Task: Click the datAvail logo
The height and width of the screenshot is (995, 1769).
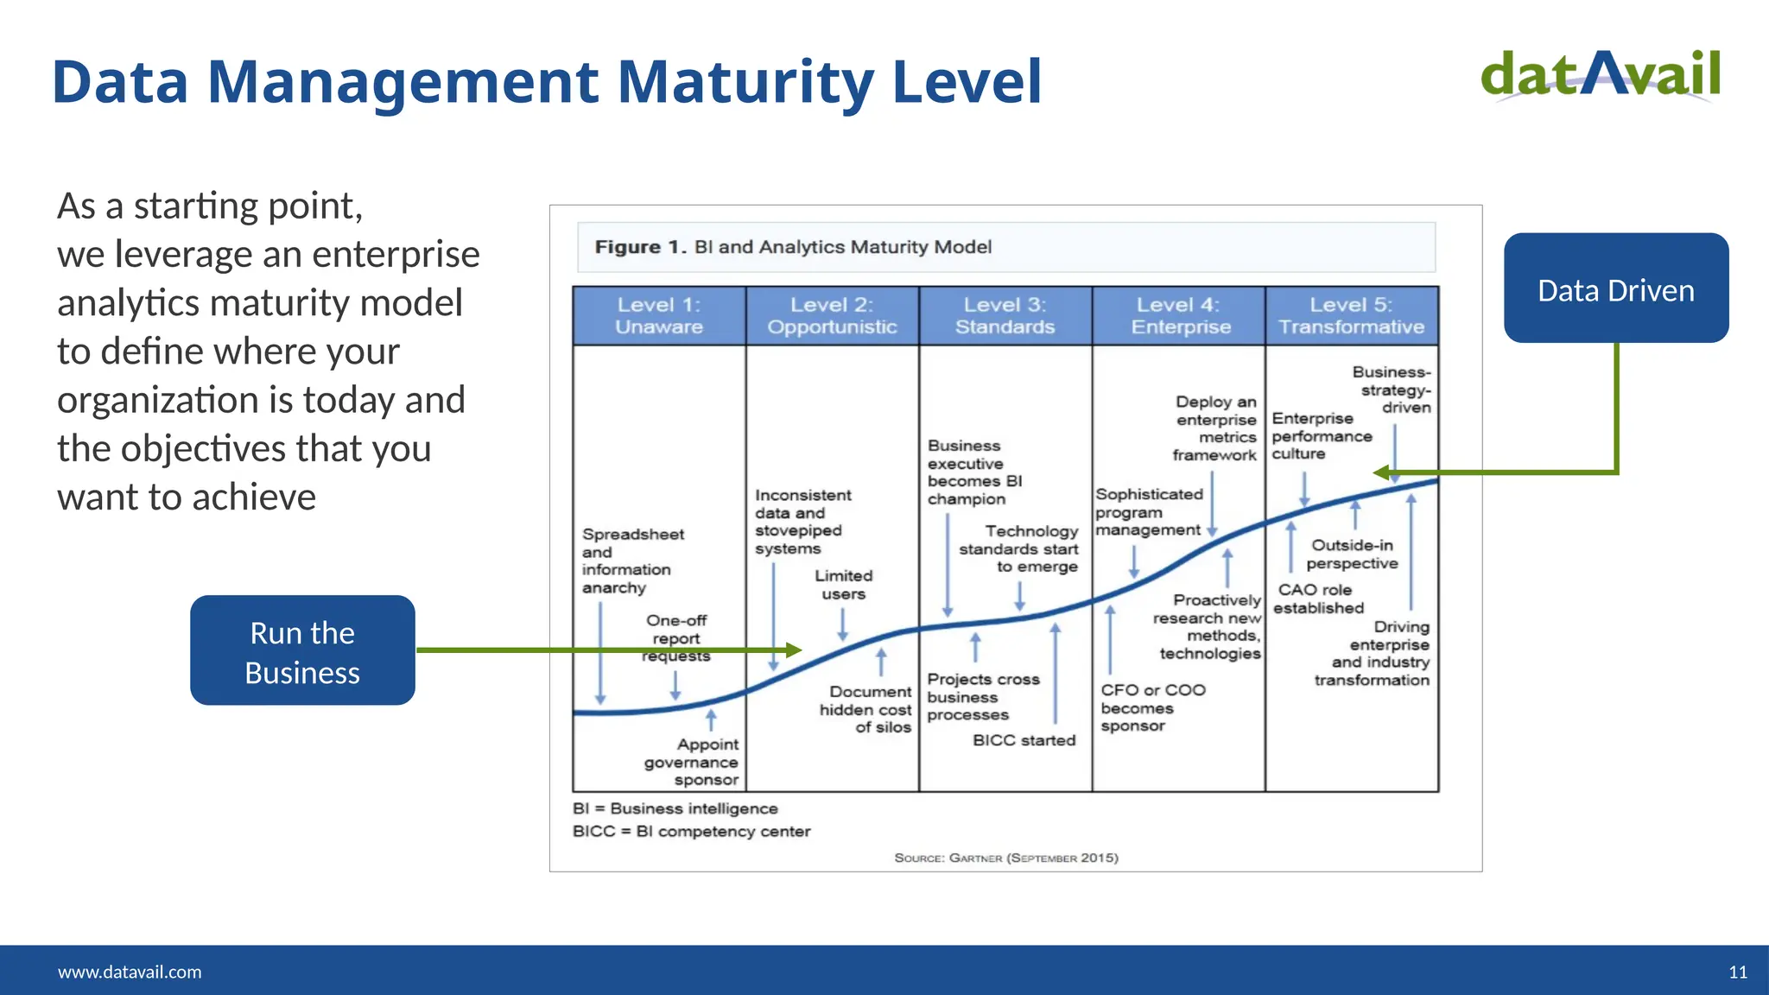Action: point(1601,75)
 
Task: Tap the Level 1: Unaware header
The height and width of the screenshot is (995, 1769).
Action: point(659,316)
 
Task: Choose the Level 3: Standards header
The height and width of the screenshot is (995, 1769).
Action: point(1005,316)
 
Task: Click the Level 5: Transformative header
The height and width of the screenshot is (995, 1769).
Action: point(1351,316)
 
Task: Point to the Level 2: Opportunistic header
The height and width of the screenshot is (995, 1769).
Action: point(832,316)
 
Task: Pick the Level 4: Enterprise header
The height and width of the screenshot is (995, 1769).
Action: point(1179,316)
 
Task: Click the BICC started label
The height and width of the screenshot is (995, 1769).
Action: point(1024,740)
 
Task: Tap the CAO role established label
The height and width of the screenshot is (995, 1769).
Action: point(1318,599)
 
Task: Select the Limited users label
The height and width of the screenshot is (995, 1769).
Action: point(844,585)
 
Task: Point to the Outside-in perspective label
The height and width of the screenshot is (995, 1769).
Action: point(1352,555)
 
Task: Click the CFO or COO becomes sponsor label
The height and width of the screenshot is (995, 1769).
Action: point(1151,707)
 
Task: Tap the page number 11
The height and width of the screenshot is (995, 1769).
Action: point(1737,972)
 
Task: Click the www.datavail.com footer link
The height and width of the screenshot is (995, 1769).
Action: point(130,972)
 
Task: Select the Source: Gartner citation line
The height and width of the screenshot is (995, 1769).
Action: point(1006,858)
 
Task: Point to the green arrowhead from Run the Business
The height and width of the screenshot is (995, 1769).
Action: point(793,650)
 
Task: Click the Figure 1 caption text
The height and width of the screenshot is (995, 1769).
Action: point(793,247)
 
